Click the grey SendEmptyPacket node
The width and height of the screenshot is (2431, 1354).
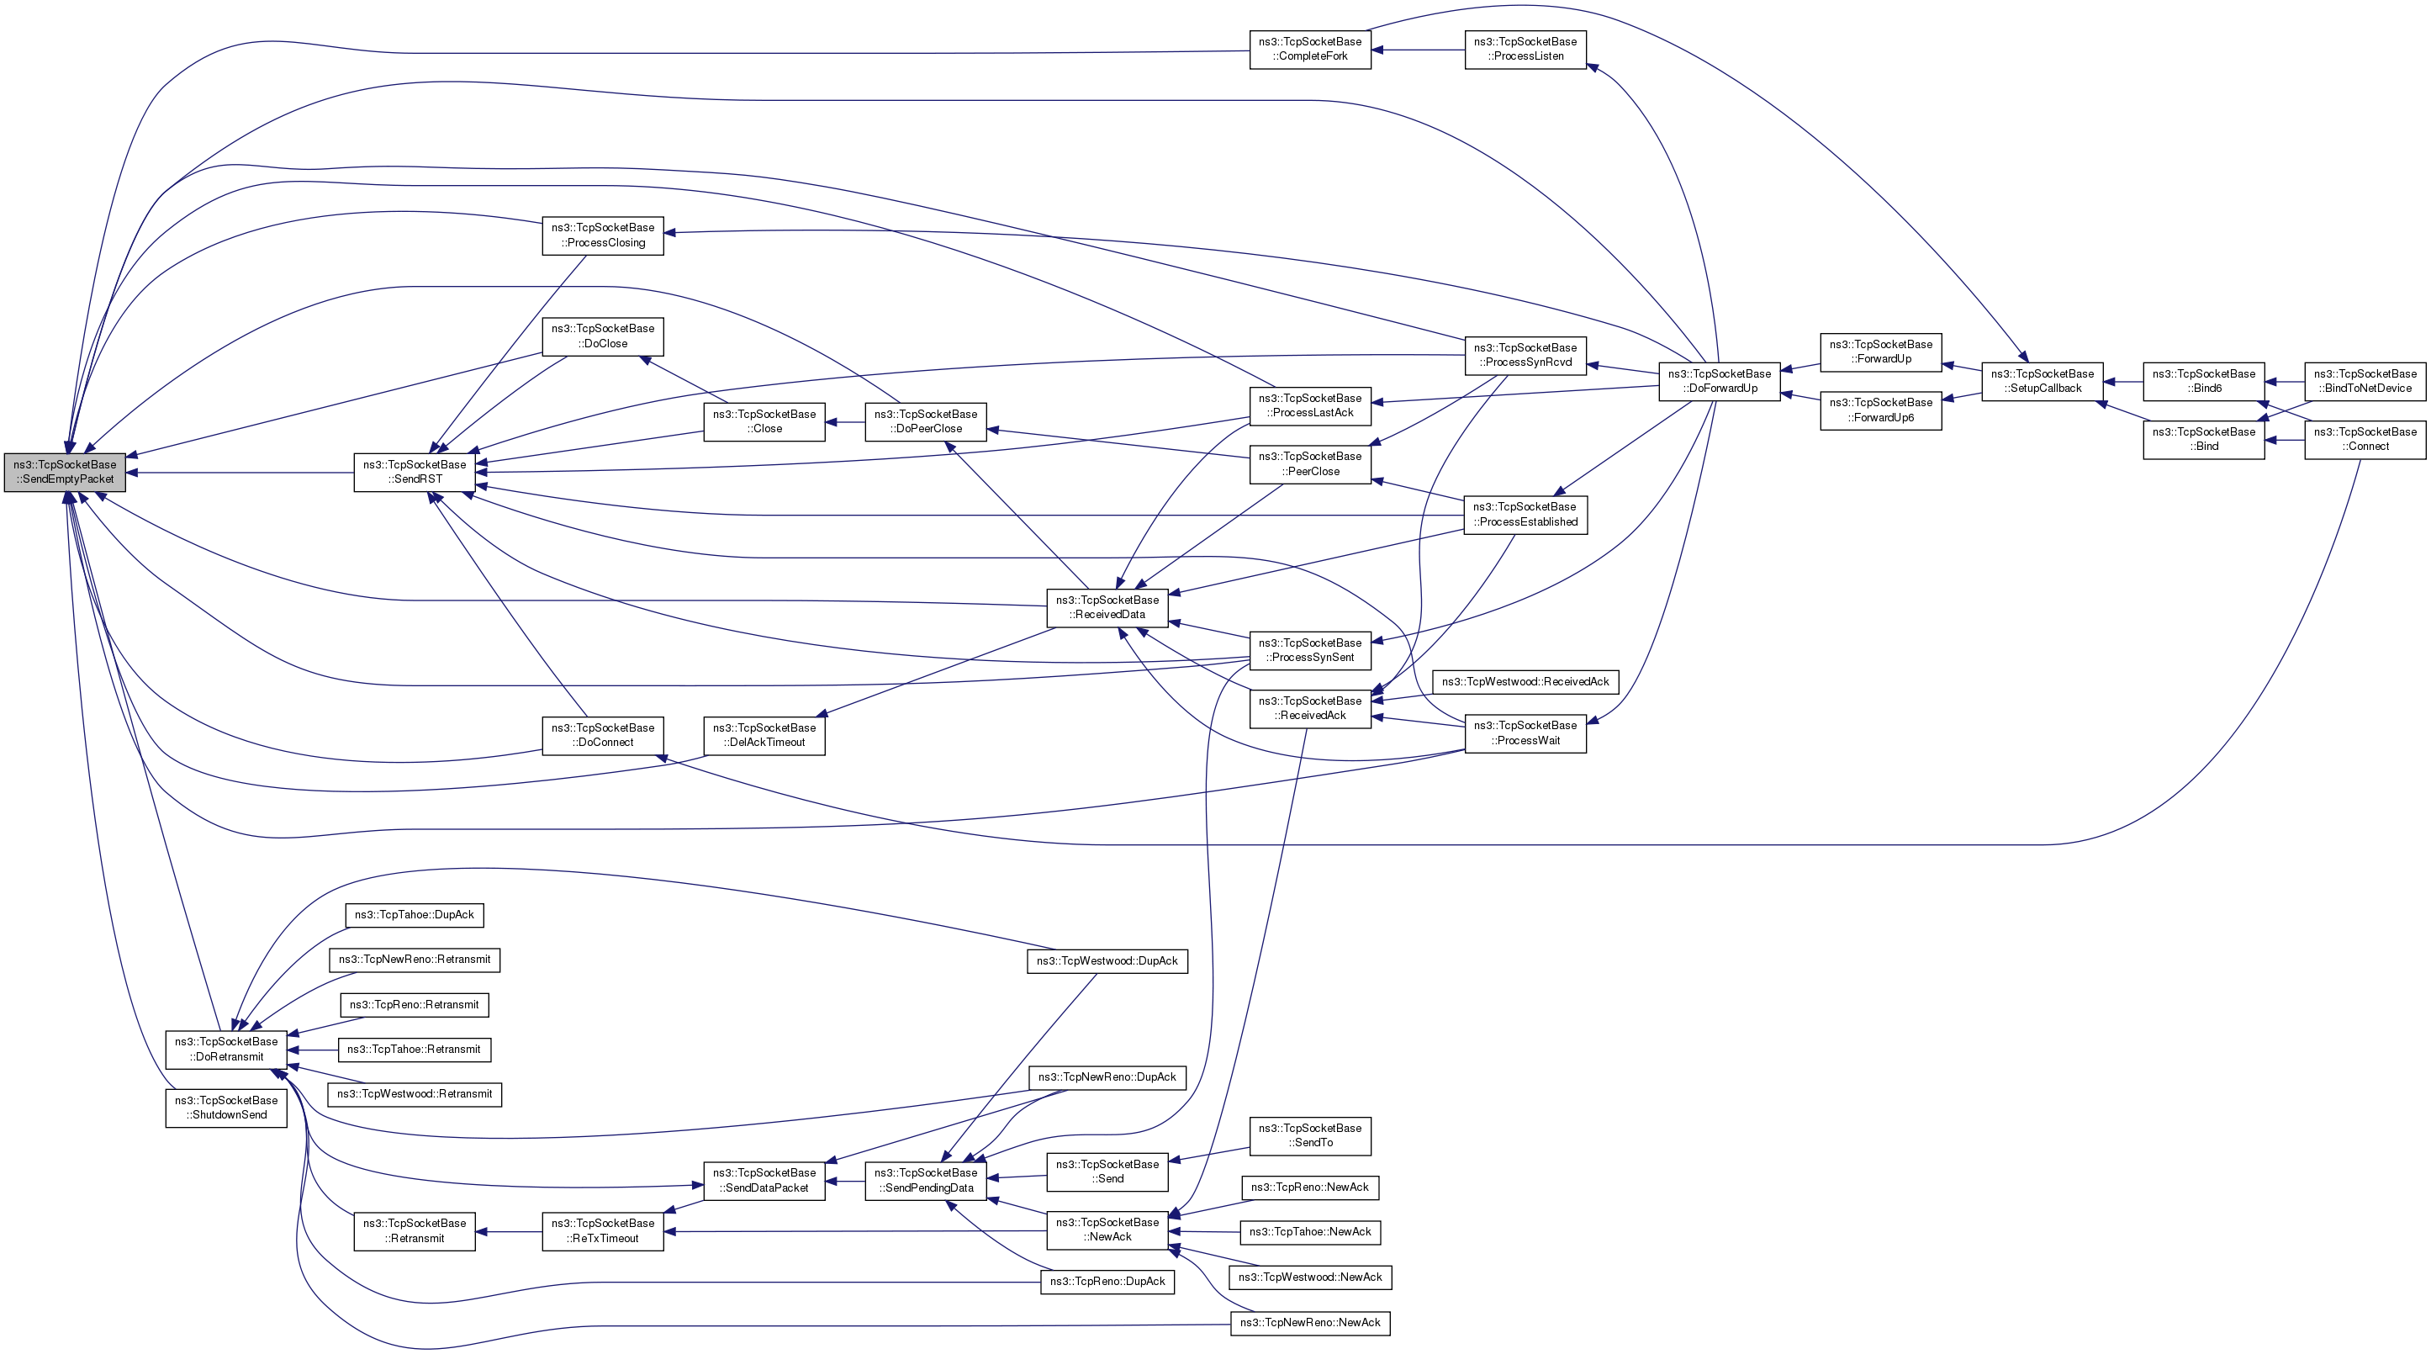click(x=64, y=472)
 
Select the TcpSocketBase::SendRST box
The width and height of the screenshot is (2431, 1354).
click(x=415, y=472)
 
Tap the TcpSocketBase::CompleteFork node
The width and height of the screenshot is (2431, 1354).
click(x=1310, y=49)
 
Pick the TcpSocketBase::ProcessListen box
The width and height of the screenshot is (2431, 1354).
click(x=1525, y=49)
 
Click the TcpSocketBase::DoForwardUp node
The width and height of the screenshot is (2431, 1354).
click(x=1720, y=381)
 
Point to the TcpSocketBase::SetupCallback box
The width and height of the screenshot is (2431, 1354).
click(x=2043, y=381)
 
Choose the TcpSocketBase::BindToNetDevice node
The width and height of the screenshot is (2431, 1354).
click(x=2365, y=381)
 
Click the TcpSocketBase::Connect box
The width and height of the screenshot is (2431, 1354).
click(x=2365, y=439)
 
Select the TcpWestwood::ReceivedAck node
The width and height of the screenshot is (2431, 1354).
click(x=1525, y=681)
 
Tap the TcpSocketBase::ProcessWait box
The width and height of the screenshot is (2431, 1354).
click(x=1525, y=733)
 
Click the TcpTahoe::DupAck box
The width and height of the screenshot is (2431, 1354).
click(x=415, y=914)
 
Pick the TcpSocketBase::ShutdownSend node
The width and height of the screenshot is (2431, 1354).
click(x=225, y=1108)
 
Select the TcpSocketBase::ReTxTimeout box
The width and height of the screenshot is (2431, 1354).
click(x=602, y=1230)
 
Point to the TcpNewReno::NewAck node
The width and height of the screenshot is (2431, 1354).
click(x=1310, y=1323)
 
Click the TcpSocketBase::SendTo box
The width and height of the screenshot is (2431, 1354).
click(x=1310, y=1135)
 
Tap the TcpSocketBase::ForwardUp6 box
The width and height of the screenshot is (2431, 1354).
click(x=1880, y=410)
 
